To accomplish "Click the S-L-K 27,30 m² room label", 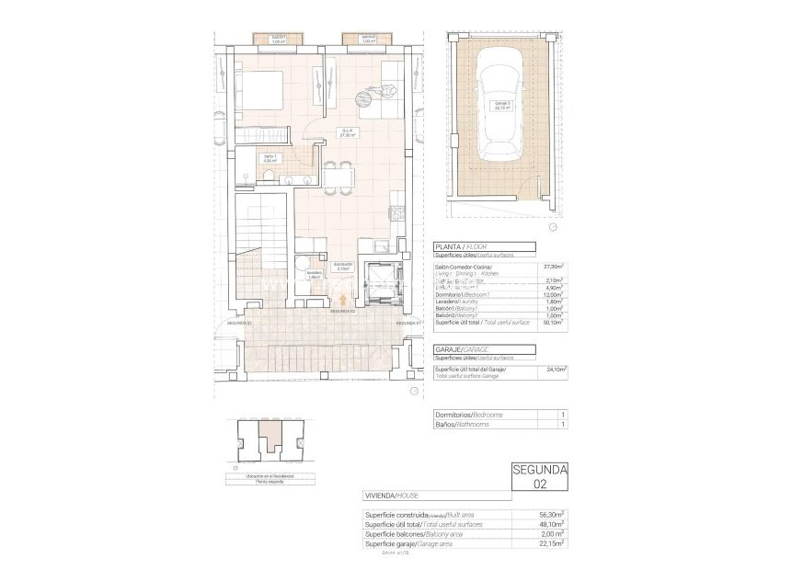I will (x=348, y=132).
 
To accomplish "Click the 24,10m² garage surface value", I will (x=555, y=370).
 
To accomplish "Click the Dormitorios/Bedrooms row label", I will (x=468, y=415).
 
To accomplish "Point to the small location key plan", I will (x=266, y=443).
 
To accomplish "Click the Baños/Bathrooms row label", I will (x=462, y=425).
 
